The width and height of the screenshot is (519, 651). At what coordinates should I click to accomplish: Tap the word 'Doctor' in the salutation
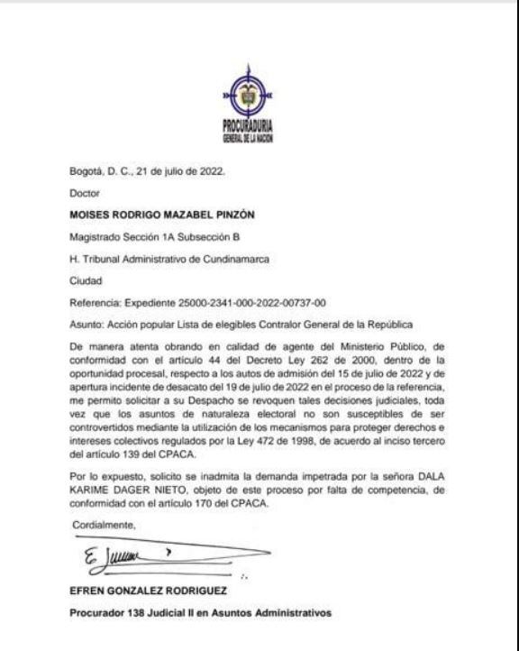coord(84,193)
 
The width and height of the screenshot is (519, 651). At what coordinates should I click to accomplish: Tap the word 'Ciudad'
coord(86,282)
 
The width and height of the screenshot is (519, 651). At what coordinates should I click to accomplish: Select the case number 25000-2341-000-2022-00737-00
coord(255,305)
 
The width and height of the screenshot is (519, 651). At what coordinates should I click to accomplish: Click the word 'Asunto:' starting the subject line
coord(86,326)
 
